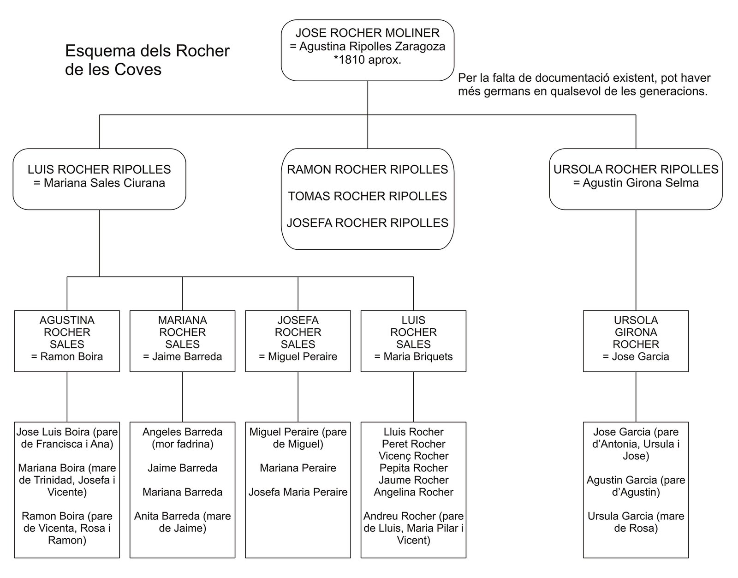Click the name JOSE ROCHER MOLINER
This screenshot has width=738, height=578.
[x=368, y=33]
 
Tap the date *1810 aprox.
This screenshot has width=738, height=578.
[x=368, y=60]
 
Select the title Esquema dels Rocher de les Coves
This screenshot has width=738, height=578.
[x=148, y=60]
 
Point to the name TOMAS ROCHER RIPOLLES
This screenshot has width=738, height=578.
[x=368, y=196]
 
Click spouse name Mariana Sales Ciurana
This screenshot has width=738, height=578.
[x=99, y=183]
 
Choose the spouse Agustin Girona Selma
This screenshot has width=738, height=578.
[x=636, y=183]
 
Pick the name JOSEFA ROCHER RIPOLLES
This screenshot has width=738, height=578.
[x=368, y=223]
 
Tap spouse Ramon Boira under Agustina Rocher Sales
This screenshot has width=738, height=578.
[x=67, y=356]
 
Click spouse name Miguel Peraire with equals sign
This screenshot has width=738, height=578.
[x=298, y=356]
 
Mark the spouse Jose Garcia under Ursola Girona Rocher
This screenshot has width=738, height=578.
[x=636, y=356]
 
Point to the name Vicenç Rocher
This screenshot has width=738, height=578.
[x=413, y=456]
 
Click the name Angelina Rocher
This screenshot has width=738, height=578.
[x=413, y=492]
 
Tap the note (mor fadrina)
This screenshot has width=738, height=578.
[x=182, y=444]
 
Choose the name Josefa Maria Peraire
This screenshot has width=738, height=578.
[x=298, y=492]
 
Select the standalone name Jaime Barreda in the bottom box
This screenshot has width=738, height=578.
[x=182, y=468]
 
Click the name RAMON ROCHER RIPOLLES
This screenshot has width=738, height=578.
[x=368, y=169]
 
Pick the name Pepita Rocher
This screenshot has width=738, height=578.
[x=413, y=468]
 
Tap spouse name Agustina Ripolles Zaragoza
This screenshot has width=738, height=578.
[x=372, y=46]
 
